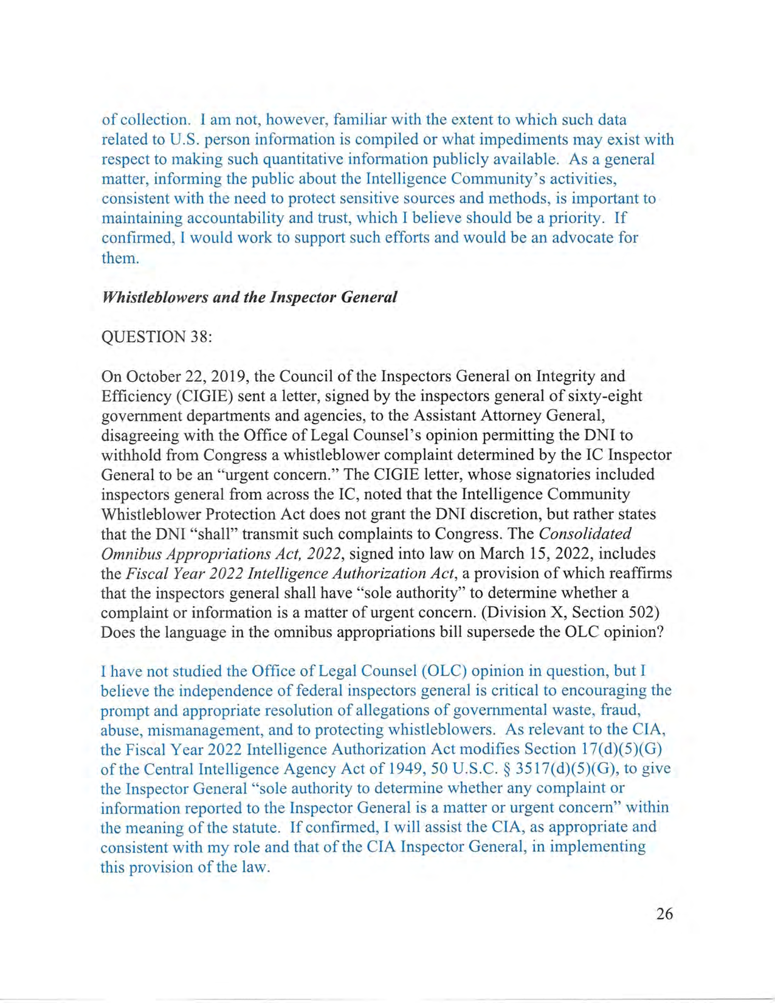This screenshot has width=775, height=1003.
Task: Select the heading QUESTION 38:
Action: tap(157, 337)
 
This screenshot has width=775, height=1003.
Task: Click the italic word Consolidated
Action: tap(585, 534)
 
